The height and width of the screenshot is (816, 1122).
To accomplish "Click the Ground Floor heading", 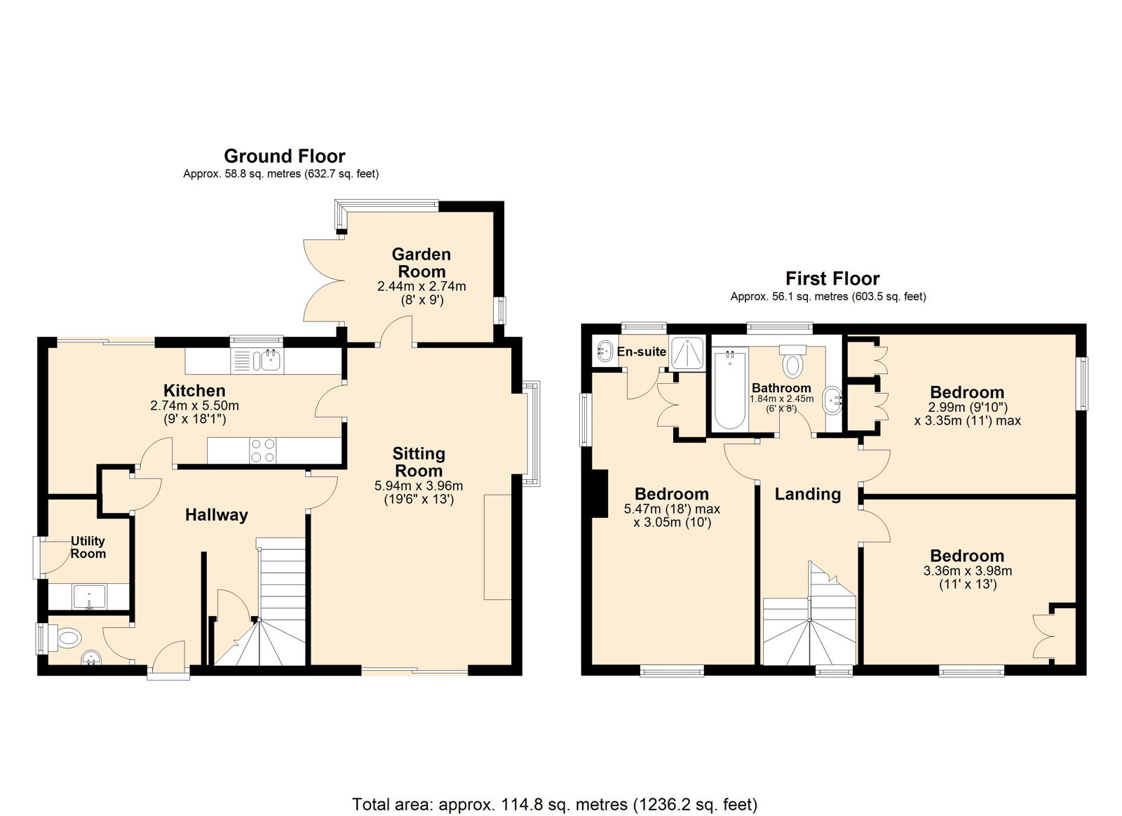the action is [x=285, y=156].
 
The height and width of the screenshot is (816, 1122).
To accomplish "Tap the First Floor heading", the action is [x=832, y=278].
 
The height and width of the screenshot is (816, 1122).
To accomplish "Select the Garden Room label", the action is [x=421, y=262].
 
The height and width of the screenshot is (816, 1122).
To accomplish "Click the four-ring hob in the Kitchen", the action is [x=262, y=450].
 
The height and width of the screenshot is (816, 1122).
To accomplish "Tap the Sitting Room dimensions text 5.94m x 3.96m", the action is [x=419, y=486].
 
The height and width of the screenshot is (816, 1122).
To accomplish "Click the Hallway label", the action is [x=217, y=515].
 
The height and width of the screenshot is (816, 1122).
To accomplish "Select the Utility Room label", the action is [x=88, y=547].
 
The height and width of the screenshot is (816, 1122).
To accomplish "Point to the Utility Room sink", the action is [x=89, y=596].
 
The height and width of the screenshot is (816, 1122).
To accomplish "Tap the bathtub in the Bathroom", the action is [x=730, y=390].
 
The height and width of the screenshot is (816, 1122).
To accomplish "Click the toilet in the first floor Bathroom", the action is [x=792, y=361].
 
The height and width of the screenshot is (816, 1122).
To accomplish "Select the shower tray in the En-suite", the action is [x=687, y=354].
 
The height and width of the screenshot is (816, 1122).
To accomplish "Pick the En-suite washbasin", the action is [x=604, y=351].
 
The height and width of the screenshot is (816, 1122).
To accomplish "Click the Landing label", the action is [x=807, y=494].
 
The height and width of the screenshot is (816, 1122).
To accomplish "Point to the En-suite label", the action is [x=641, y=352].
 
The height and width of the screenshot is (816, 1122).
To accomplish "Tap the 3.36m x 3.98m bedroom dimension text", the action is [x=967, y=570].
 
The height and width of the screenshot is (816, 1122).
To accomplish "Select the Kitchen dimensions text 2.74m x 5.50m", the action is [x=194, y=406].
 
